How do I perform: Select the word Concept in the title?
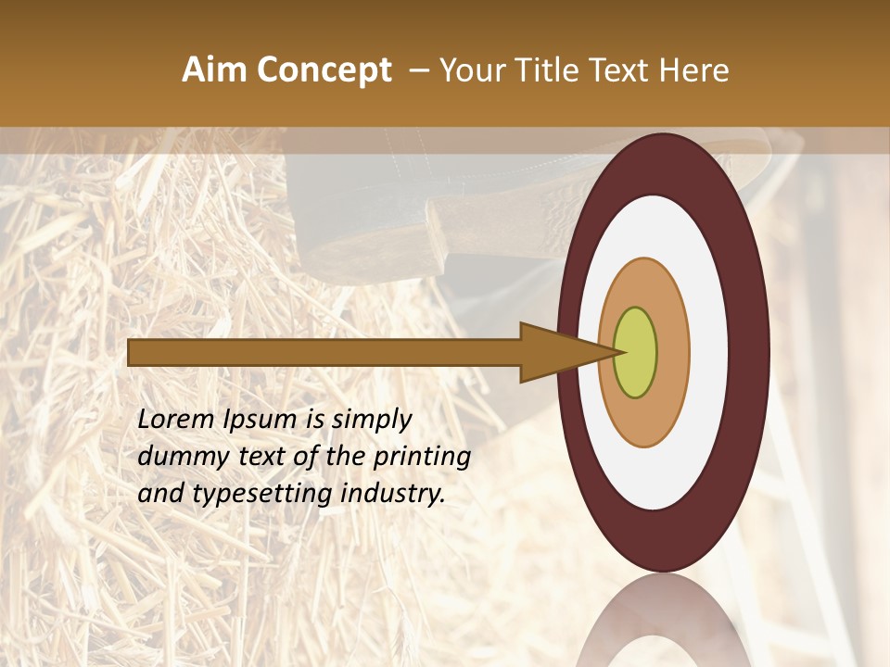coord(324,70)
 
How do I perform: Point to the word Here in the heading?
coord(695,70)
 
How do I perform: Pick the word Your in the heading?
coord(474,70)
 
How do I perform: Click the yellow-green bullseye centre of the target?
coord(635,353)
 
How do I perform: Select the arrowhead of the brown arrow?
coord(556,353)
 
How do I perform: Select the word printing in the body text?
coord(421,458)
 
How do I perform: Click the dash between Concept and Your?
coord(419,71)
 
